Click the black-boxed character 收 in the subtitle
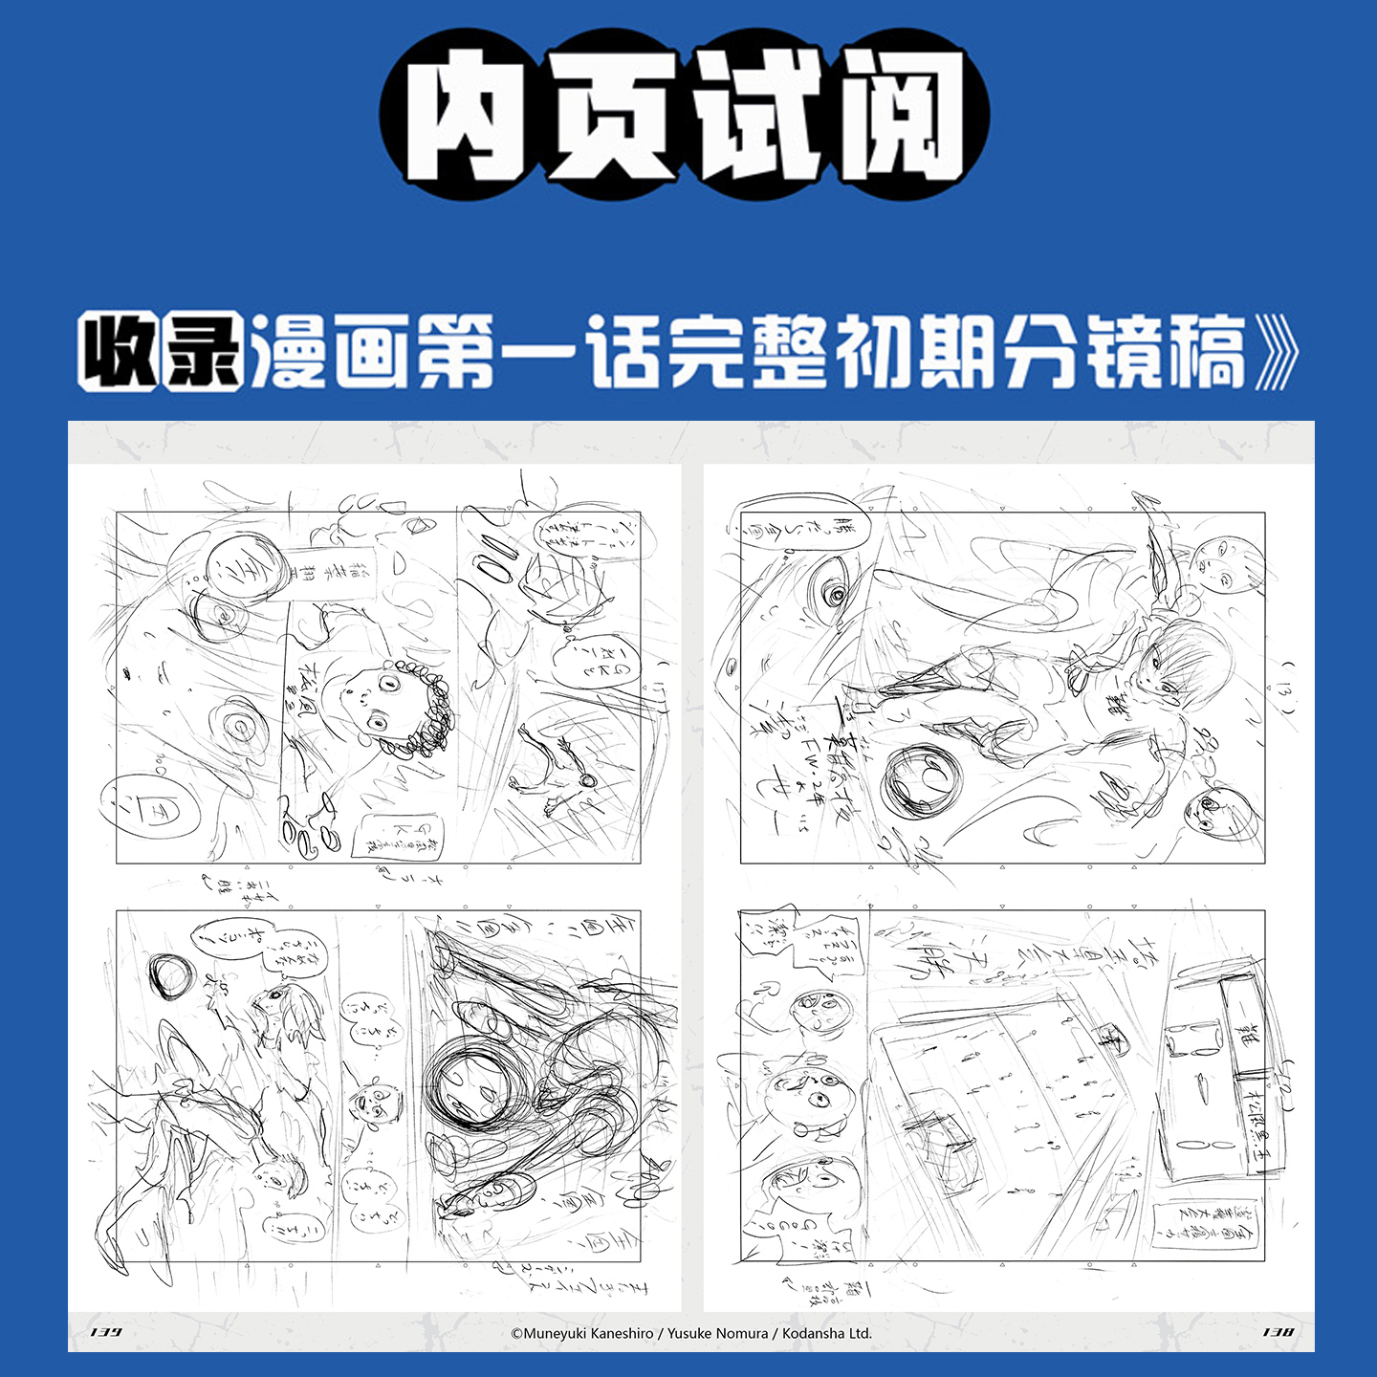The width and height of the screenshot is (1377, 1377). (x=119, y=352)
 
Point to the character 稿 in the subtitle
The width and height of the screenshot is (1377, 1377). (x=1209, y=352)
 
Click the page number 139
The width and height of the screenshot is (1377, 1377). (x=105, y=1332)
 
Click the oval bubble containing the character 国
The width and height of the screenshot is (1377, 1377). (x=142, y=809)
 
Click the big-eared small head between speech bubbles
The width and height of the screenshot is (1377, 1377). (x=375, y=1103)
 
